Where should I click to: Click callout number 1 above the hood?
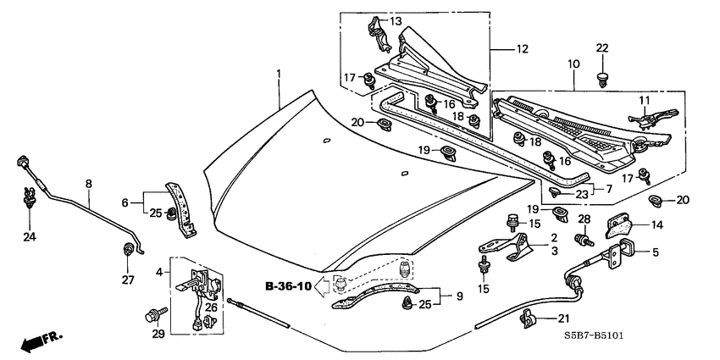pos(277,75)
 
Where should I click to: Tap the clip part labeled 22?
pos(602,80)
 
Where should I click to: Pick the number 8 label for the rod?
pos(88,183)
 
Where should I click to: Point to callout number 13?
pos(396,21)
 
